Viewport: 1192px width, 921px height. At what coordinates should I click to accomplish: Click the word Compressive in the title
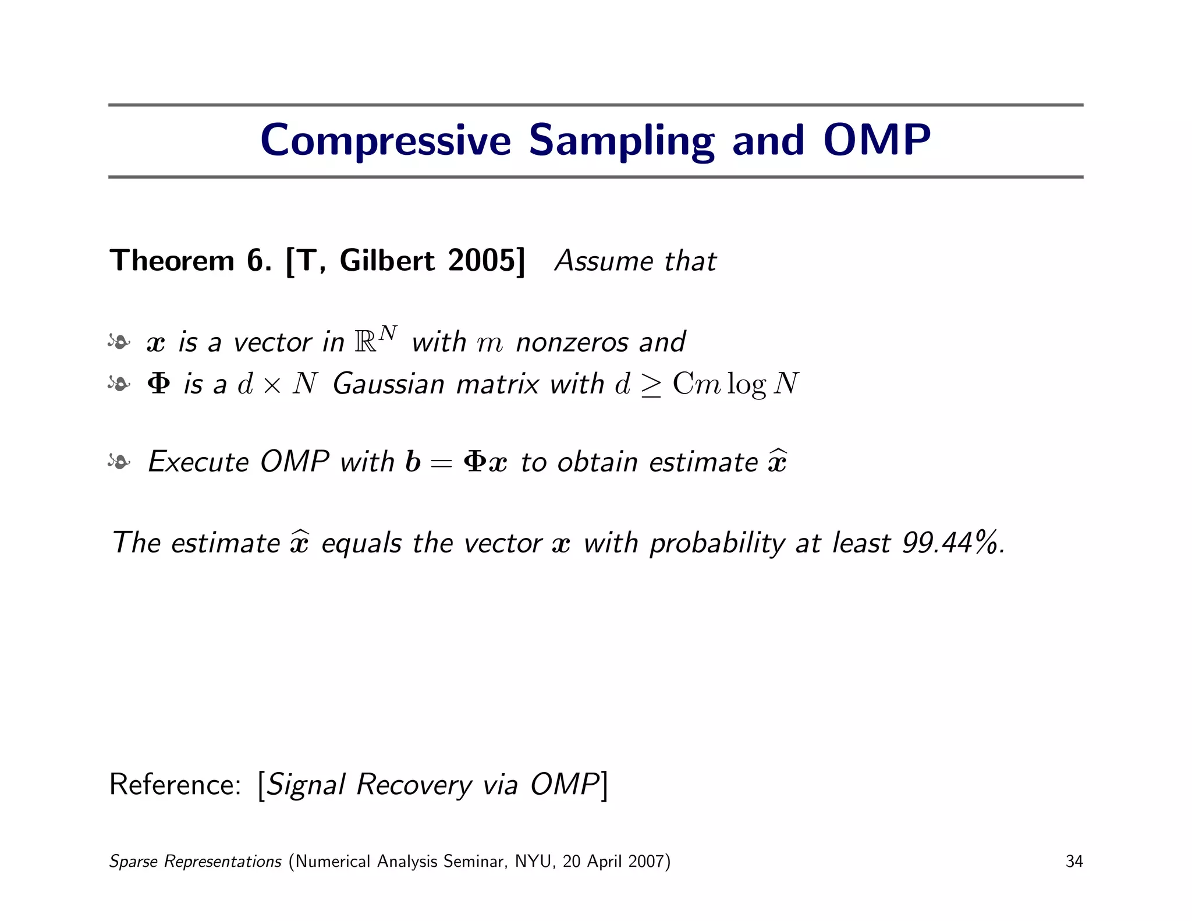coord(385,141)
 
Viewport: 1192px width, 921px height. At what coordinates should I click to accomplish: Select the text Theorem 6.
coord(190,260)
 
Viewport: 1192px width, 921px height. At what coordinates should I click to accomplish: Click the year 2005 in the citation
coord(481,260)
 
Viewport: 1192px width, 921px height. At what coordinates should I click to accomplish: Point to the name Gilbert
coord(386,260)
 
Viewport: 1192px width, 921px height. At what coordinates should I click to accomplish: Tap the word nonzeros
coord(572,342)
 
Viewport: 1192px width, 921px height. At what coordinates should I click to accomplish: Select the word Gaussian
coord(388,385)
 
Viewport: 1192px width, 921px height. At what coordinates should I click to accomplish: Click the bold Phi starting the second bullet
coord(159,384)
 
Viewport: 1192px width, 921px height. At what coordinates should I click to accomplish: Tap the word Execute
coord(198,462)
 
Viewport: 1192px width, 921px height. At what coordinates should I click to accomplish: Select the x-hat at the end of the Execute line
coord(777,462)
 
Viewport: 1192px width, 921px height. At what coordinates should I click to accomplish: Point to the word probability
coord(717,544)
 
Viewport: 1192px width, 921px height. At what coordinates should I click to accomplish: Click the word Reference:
coord(175,784)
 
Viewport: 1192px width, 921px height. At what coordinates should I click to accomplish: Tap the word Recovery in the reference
coord(414,785)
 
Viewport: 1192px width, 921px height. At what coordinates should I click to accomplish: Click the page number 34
coord(1074,862)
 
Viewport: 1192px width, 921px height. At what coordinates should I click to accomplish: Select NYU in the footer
coord(533,862)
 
